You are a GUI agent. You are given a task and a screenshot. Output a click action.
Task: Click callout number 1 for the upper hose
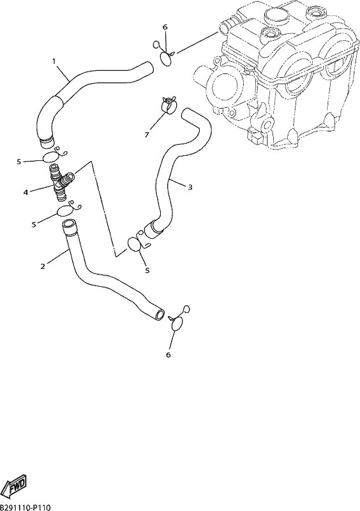pos(54,61)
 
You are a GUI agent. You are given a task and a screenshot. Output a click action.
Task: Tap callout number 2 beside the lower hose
pos(43,266)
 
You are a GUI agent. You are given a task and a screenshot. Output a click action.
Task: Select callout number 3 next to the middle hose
pos(190,187)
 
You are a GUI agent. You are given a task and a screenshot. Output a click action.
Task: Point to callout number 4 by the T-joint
pos(26,192)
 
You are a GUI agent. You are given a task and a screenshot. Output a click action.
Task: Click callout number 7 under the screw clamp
pos(147,134)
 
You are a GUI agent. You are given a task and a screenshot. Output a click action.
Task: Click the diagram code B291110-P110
pos(26,507)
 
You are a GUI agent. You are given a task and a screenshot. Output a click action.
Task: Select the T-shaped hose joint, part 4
pos(61,183)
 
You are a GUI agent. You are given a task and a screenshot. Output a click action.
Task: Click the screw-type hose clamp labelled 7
pos(168,104)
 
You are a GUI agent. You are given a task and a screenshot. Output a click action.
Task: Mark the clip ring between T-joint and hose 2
pos(68,210)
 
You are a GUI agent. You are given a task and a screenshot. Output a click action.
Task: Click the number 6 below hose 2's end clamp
pos(168,355)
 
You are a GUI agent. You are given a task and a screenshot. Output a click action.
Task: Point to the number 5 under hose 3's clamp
pos(147,270)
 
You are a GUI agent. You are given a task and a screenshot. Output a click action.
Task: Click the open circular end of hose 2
pos(160,315)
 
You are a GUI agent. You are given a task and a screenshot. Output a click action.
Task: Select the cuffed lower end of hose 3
pos(153,229)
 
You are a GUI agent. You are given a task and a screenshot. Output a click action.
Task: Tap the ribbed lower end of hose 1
pos(46,141)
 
